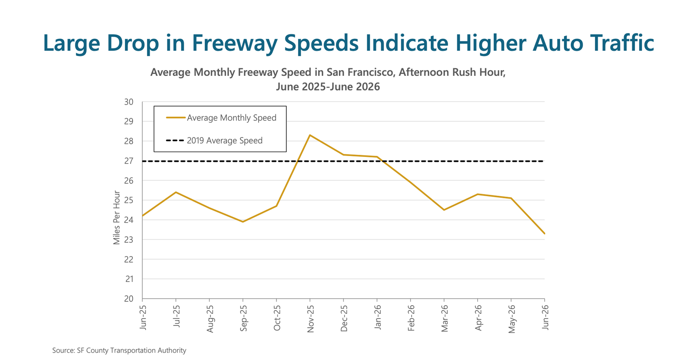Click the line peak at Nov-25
pos(310,135)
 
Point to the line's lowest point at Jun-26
pos(545,233)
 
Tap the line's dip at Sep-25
pos(243,222)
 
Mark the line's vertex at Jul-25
pos(176,192)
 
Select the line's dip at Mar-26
pos(444,210)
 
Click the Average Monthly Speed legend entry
pos(221,118)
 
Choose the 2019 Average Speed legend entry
pos(214,141)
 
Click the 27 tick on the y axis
pos(129,161)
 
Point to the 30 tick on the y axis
pos(129,102)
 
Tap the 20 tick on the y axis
pos(129,299)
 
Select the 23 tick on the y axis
pos(129,240)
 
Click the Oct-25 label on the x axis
pos(276,318)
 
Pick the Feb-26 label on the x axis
pos(411,318)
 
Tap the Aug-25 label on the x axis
pos(210,319)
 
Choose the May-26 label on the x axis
pos(511,319)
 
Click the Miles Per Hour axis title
pos(116,217)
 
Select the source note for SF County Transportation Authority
pos(119,351)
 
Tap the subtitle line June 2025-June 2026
pos(328,87)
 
